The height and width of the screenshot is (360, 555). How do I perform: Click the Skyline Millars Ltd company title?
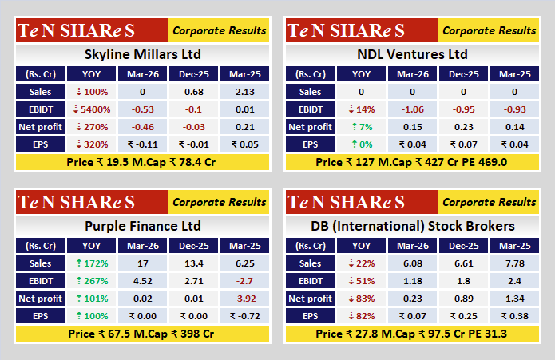click(x=142, y=55)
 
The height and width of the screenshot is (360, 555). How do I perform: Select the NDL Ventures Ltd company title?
click(x=413, y=55)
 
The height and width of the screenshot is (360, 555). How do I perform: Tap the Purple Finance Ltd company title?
click(x=142, y=226)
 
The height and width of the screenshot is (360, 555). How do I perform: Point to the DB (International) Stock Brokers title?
click(x=413, y=226)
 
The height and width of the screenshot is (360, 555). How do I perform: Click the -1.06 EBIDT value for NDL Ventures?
click(x=414, y=109)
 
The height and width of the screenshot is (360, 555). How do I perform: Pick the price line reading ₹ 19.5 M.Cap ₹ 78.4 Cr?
click(x=142, y=162)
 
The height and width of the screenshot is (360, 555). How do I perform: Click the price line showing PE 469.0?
click(x=413, y=162)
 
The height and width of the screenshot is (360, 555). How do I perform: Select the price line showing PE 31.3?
click(x=413, y=333)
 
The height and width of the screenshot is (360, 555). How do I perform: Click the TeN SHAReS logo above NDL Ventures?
click(x=347, y=31)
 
